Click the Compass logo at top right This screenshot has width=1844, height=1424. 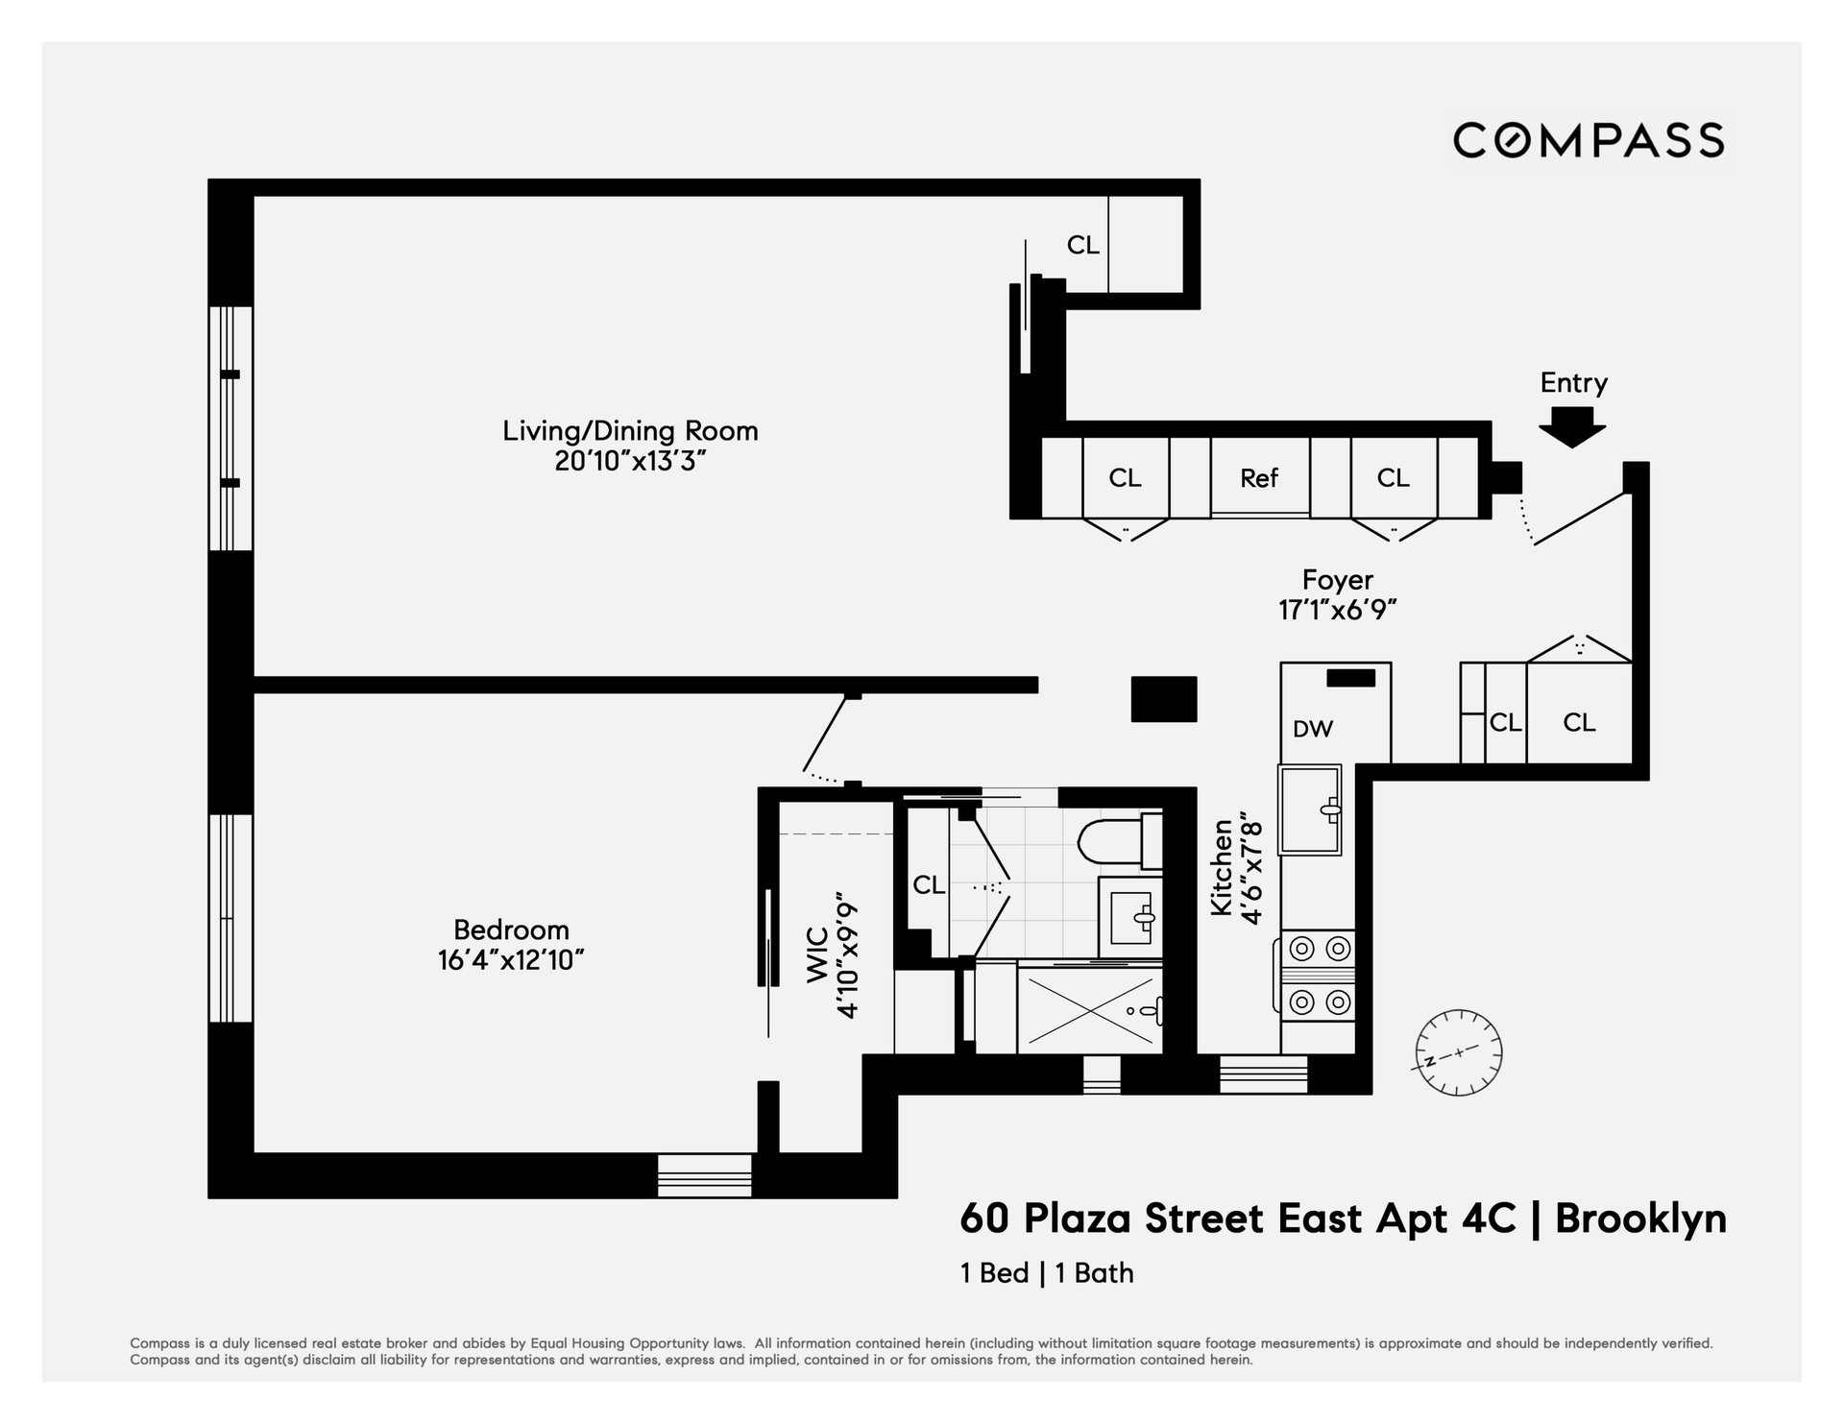click(1589, 140)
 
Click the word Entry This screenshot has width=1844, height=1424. click(1573, 382)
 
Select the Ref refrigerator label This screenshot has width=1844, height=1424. click(1259, 477)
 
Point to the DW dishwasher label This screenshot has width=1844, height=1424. click(1313, 729)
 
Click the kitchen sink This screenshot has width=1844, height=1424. click(1309, 809)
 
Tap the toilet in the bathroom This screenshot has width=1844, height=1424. click(1120, 839)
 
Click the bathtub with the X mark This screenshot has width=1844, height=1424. click(1089, 1009)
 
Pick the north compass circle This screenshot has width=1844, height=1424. click(1458, 1053)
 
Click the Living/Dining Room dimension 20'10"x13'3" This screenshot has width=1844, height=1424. click(630, 462)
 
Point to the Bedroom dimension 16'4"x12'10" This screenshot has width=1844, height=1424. click(511, 960)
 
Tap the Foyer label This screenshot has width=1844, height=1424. click(1337, 580)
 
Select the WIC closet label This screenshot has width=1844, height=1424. click(817, 954)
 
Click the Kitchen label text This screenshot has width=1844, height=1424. click(1222, 867)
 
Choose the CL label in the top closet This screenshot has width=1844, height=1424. click(1082, 246)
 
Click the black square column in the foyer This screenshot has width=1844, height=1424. click(1164, 699)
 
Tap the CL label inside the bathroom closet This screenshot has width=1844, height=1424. click(929, 884)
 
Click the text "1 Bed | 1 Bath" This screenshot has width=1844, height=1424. click(1047, 1273)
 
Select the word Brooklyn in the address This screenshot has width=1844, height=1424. click(1640, 1219)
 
